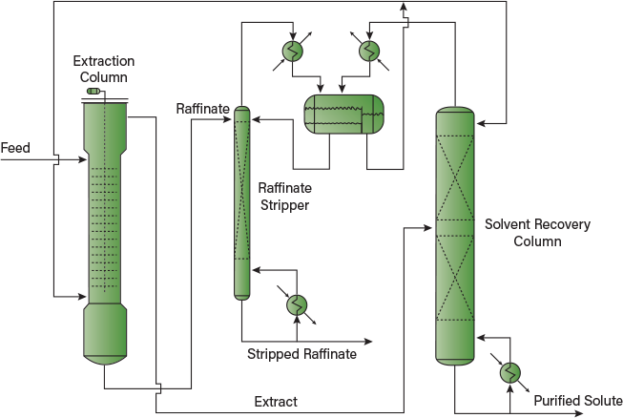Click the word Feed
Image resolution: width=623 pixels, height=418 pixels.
point(15,148)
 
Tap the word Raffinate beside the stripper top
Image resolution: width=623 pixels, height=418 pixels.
point(202,109)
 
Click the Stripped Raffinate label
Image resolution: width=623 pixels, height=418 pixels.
point(301,354)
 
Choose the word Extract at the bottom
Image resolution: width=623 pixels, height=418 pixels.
point(276,402)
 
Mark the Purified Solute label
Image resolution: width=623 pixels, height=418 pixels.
point(578,401)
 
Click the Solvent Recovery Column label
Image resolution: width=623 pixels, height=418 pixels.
point(537,233)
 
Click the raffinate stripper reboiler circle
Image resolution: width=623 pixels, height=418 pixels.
point(297,304)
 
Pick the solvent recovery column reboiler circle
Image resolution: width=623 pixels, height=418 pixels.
point(510,371)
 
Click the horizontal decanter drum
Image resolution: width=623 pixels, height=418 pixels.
point(343,115)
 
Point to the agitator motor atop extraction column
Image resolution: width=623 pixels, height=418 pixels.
point(94,92)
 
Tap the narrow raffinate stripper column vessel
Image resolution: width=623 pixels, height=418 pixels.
point(241,202)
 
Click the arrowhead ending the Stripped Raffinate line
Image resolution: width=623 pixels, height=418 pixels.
point(368,341)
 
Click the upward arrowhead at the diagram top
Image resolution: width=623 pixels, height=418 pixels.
point(404,8)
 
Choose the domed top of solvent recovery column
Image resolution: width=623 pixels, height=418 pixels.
point(455,111)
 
